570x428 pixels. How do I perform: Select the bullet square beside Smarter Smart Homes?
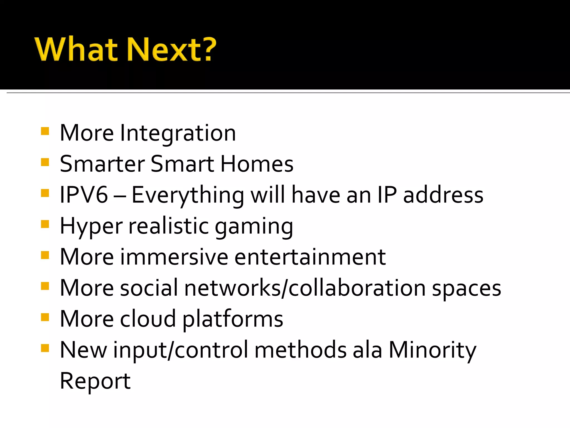click(x=45, y=162)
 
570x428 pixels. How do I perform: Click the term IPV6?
click(x=84, y=195)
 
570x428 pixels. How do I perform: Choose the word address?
click(x=443, y=195)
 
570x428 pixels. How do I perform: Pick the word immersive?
click(x=174, y=257)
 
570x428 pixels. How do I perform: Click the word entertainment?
click(x=310, y=257)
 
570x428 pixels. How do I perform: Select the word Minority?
click(x=432, y=350)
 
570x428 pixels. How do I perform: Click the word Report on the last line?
click(x=95, y=381)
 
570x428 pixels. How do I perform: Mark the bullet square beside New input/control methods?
click(x=45, y=348)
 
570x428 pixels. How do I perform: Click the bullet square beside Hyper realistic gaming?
click(x=45, y=224)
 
